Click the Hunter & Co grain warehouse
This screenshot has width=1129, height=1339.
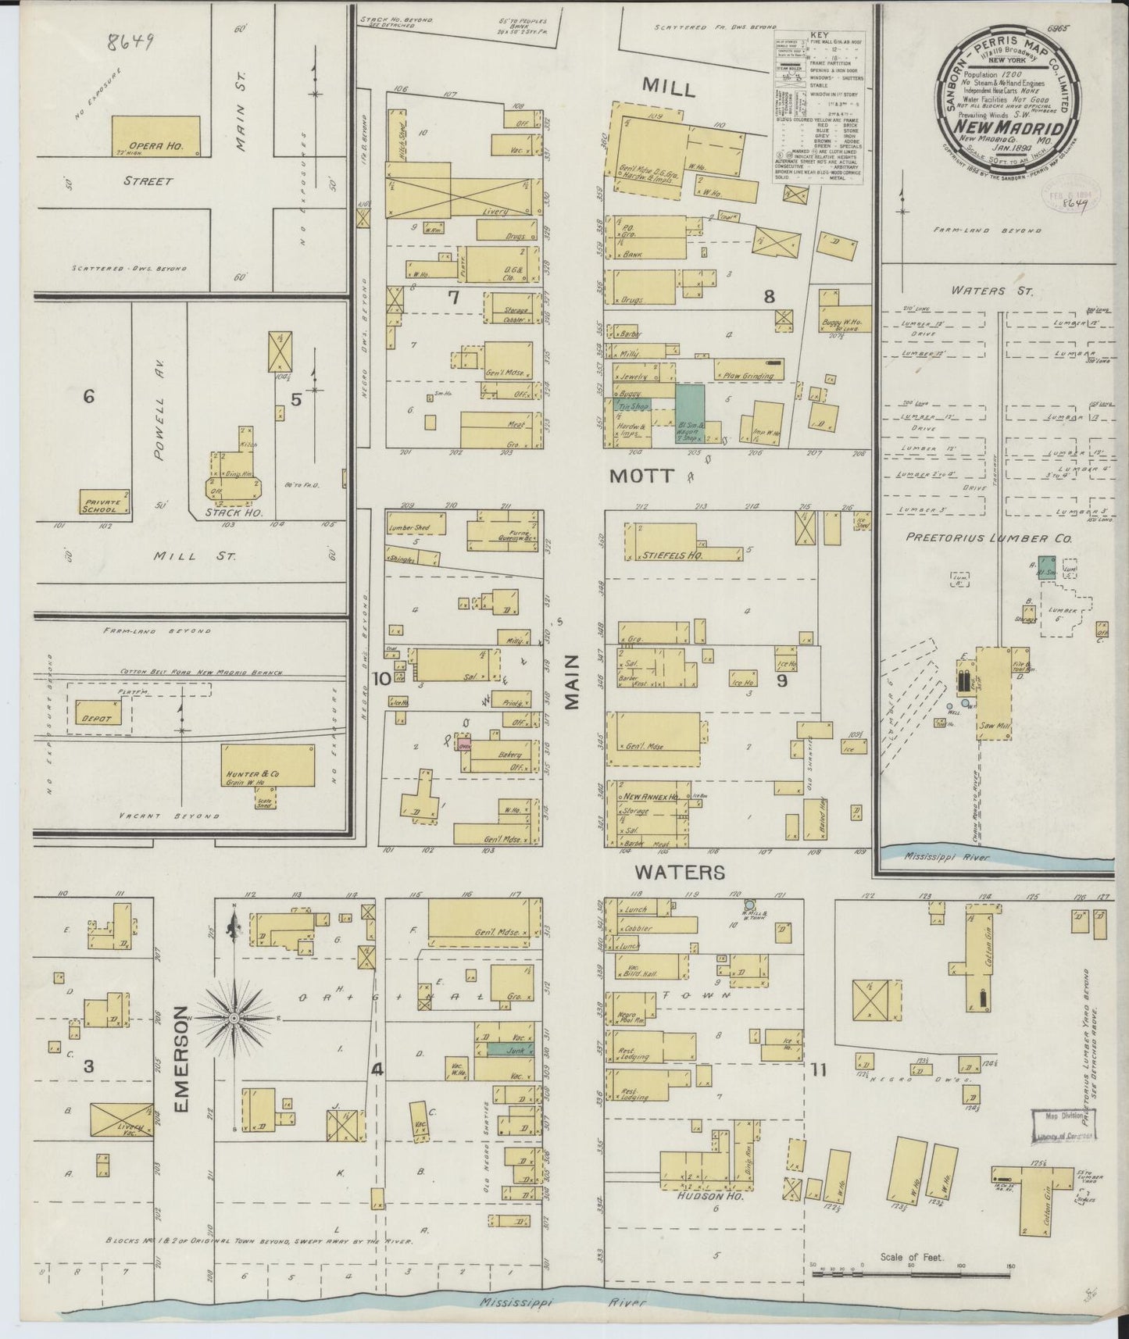[270, 766]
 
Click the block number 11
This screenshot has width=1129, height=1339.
[818, 1070]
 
